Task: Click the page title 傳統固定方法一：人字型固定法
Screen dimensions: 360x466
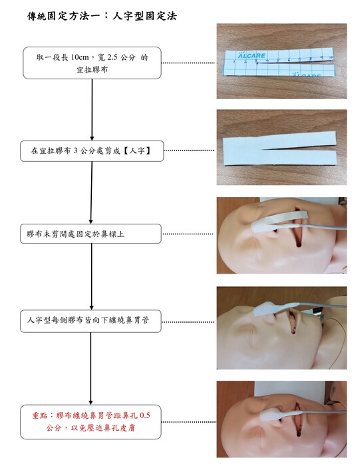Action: (102, 16)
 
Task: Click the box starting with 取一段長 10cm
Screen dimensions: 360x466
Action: (92, 63)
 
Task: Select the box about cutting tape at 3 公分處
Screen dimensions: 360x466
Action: (92, 151)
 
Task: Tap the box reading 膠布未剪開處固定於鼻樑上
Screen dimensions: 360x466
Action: (90, 234)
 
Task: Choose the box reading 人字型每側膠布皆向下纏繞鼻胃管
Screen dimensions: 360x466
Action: (90, 321)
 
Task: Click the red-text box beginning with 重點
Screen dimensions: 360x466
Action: (90, 421)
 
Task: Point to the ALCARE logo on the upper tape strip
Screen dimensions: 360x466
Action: (252, 55)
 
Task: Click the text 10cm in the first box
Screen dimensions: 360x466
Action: (80, 57)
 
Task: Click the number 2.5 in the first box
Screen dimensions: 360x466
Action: (112, 57)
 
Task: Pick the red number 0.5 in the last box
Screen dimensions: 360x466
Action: (144, 415)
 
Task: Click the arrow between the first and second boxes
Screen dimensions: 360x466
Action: (92, 110)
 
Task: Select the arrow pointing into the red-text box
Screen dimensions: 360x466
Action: (90, 368)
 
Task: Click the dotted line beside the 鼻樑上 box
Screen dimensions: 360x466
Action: (188, 234)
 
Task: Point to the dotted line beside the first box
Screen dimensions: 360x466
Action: (189, 63)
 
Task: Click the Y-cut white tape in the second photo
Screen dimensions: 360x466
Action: (279, 148)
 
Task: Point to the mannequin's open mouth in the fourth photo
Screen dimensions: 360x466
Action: (293, 322)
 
